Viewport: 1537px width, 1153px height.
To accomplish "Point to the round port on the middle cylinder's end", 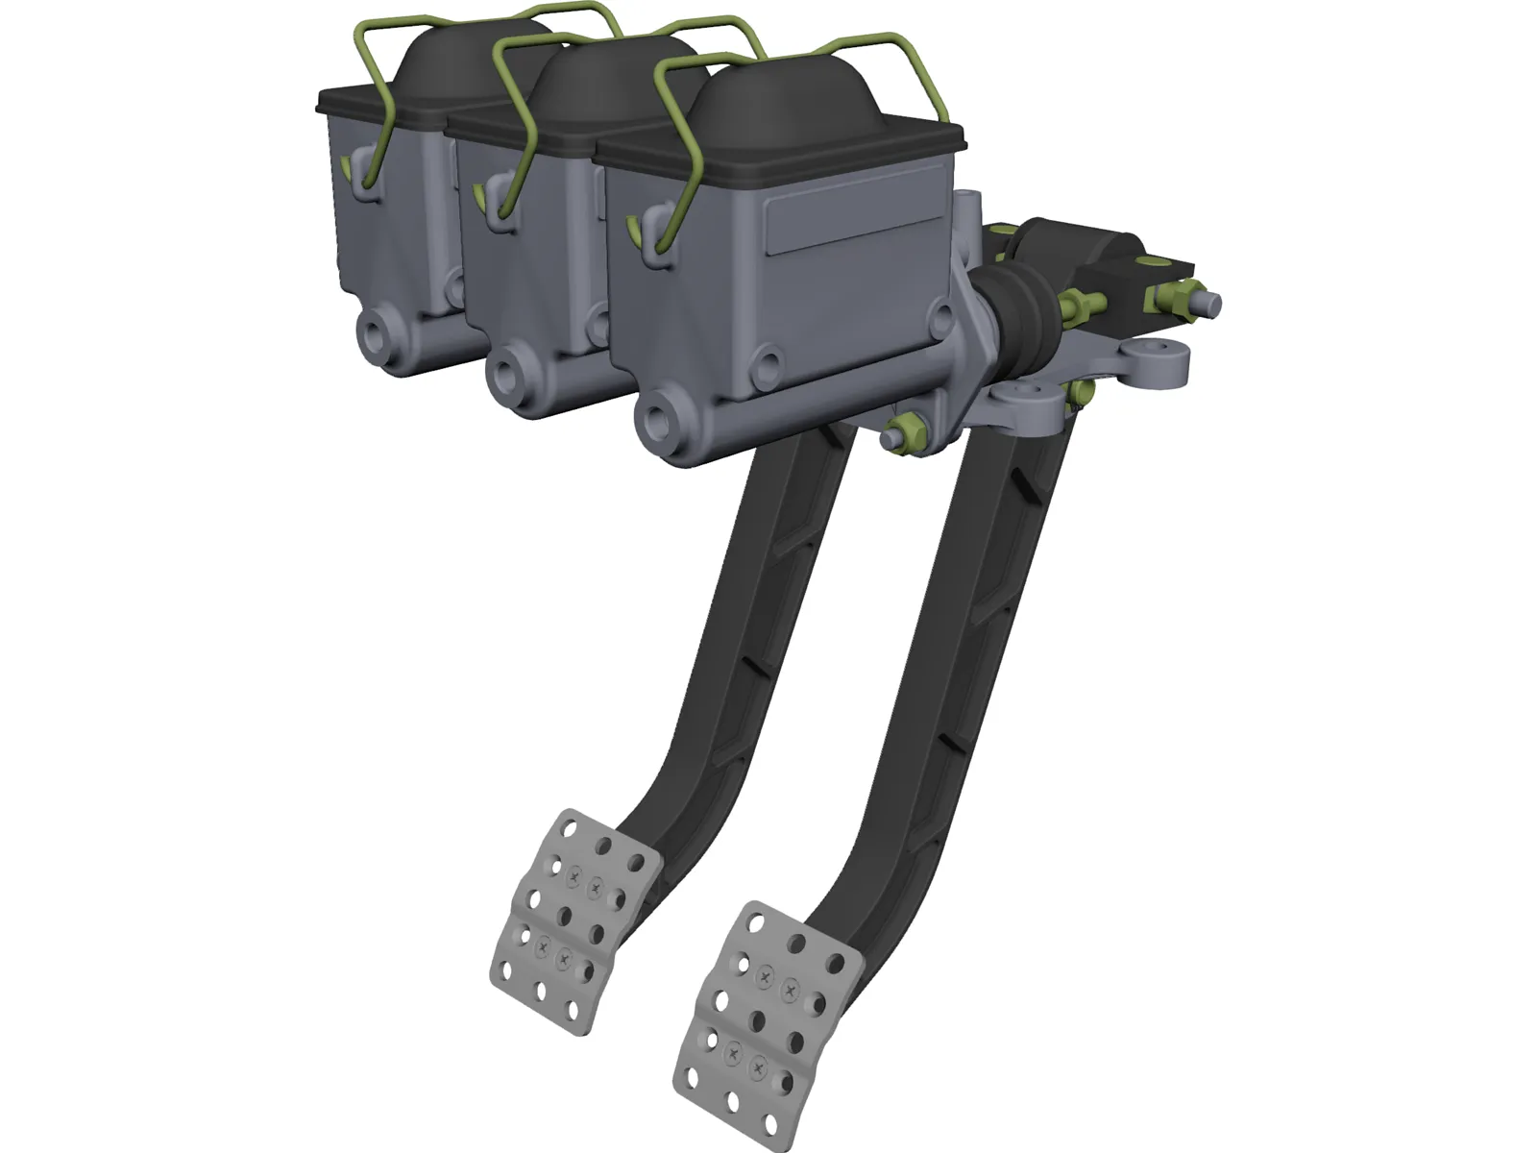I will tap(508, 369).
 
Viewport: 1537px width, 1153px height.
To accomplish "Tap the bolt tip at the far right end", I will tap(1213, 304).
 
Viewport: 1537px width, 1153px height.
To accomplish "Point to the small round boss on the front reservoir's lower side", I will tap(768, 364).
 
